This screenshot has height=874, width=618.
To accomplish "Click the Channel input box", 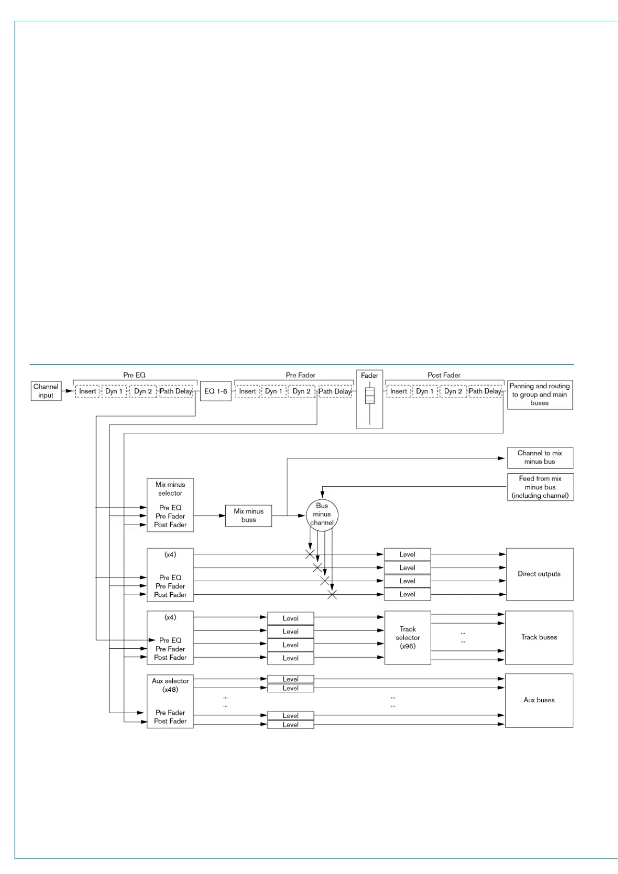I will [46, 391].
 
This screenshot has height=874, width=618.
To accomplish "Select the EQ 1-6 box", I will [215, 391].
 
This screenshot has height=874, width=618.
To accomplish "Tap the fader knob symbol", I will [369, 395].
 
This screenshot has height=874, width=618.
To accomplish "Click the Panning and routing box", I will [540, 394].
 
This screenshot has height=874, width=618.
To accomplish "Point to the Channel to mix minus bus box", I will [540, 457].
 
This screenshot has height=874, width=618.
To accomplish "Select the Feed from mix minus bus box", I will [540, 487].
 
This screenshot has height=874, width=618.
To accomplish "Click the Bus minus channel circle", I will [322, 514].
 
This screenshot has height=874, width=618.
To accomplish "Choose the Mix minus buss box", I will [249, 515].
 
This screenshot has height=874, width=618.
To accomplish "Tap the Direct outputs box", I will [540, 574].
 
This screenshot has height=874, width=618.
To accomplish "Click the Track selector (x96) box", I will [407, 637].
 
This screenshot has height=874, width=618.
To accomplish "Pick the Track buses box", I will [539, 637].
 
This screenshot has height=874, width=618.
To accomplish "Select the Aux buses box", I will [539, 700].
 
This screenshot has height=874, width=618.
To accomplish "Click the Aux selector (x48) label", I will [170, 685].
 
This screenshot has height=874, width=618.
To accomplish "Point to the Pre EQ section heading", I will [134, 375].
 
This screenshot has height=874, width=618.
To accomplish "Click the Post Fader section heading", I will [444, 375].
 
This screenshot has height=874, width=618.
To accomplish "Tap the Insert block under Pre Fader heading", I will [248, 391].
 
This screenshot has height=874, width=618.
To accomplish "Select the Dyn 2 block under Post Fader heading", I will [453, 391].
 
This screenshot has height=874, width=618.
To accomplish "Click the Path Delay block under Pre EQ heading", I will [176, 391].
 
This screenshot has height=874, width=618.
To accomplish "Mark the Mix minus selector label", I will [170, 489].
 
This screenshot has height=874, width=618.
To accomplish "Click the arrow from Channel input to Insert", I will [68, 391].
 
